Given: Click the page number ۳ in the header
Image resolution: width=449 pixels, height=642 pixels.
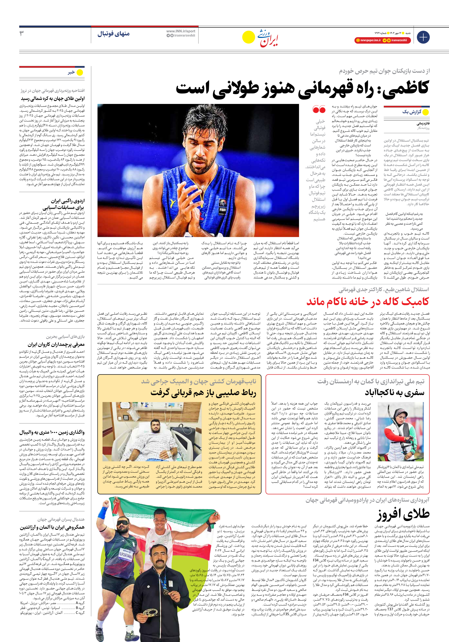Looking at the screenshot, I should point(22,34).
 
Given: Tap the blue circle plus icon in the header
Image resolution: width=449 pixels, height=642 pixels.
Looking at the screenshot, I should point(423,37).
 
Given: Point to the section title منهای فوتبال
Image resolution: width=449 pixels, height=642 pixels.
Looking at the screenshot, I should point(114,34).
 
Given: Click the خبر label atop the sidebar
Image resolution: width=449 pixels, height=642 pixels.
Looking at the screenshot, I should point(71,72).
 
